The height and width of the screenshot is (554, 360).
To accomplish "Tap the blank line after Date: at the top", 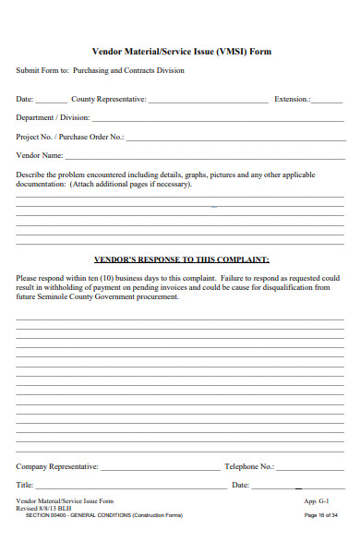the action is click(52, 101).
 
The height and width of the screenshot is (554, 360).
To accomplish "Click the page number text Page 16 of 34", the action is click(321, 515).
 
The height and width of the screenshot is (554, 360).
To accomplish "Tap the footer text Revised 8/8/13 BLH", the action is click(45, 508).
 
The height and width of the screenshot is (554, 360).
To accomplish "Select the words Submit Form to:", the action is click(42, 70).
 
